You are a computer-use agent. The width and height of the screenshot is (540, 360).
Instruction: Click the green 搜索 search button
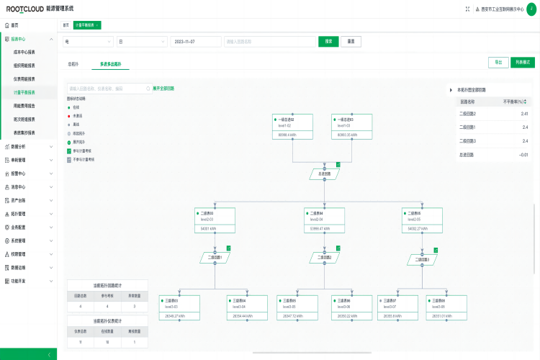click(x=328, y=42)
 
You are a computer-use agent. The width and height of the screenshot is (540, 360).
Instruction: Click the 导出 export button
click(x=498, y=63)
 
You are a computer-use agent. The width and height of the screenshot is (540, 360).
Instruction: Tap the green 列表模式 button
click(x=523, y=63)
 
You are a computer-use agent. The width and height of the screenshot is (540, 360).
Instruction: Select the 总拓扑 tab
click(x=73, y=63)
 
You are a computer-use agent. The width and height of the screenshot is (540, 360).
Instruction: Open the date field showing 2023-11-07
click(x=196, y=42)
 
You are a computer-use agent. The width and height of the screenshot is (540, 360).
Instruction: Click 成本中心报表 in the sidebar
click(x=24, y=52)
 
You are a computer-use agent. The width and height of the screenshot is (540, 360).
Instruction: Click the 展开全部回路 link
click(x=163, y=89)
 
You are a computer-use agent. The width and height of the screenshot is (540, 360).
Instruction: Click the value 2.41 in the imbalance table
click(x=525, y=114)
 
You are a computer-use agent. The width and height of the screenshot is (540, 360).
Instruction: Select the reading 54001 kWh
click(x=209, y=228)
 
